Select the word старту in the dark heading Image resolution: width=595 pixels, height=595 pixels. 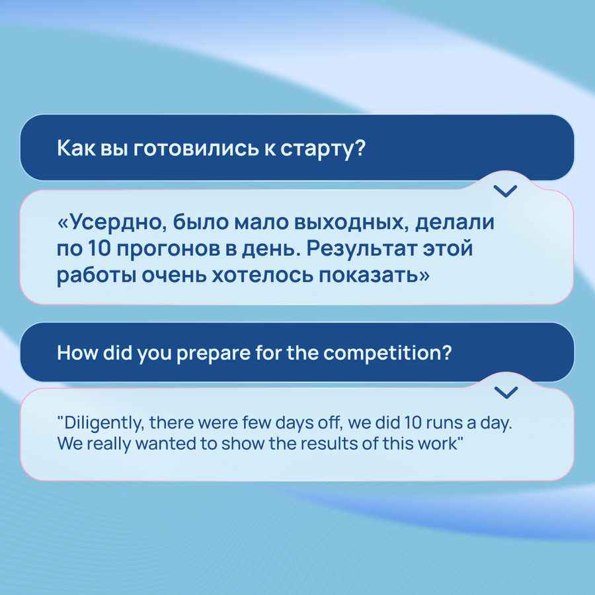click(323, 149)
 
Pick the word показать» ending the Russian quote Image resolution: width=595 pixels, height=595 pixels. click(374, 275)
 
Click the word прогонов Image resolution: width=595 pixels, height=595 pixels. click(168, 249)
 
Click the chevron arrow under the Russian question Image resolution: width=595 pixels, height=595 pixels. click(506, 191)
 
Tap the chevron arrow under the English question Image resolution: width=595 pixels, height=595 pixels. click(506, 392)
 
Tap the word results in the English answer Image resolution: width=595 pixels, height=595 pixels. click(329, 444)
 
